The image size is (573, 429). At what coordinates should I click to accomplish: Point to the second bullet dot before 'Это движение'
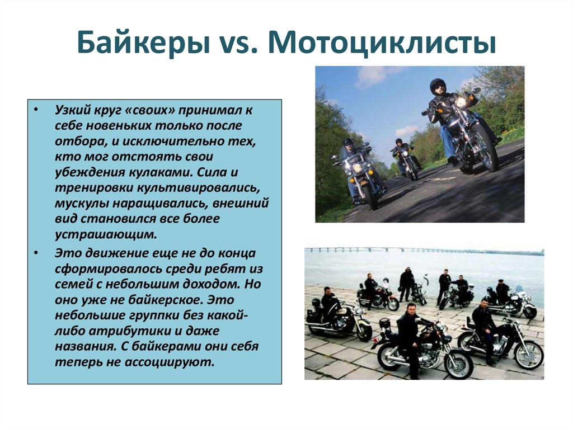(36, 253)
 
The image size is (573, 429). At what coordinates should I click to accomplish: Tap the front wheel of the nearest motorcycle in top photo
(485, 149)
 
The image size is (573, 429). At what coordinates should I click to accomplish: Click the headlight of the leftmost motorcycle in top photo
(356, 167)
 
